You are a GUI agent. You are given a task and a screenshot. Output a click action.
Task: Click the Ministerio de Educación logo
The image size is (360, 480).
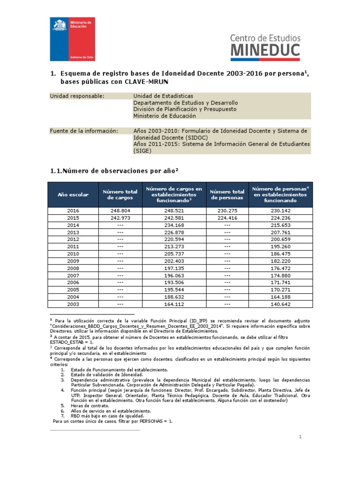[x=73, y=39]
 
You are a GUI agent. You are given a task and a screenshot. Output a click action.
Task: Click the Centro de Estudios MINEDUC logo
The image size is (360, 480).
[x=265, y=46]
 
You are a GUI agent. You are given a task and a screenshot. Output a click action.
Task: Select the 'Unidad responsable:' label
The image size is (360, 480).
[x=77, y=96]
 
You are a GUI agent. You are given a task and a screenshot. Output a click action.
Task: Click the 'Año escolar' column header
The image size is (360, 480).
[x=73, y=195]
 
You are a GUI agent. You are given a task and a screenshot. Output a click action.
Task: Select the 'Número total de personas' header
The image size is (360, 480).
[x=227, y=195]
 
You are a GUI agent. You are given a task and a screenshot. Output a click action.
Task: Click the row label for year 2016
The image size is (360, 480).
[x=73, y=211]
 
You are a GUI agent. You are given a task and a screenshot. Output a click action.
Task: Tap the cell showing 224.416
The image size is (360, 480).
[x=227, y=218]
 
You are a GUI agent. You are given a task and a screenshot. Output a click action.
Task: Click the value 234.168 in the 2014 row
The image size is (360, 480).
[x=174, y=225]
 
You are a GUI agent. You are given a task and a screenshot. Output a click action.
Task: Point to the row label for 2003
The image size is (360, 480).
[x=73, y=304]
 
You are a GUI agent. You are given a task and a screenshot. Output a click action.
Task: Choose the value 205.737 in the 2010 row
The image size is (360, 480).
[x=174, y=254]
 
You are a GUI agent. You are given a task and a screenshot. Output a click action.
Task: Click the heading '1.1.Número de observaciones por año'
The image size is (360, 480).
[x=115, y=171]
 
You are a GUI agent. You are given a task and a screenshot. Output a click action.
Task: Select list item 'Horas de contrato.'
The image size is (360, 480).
[x=90, y=405]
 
